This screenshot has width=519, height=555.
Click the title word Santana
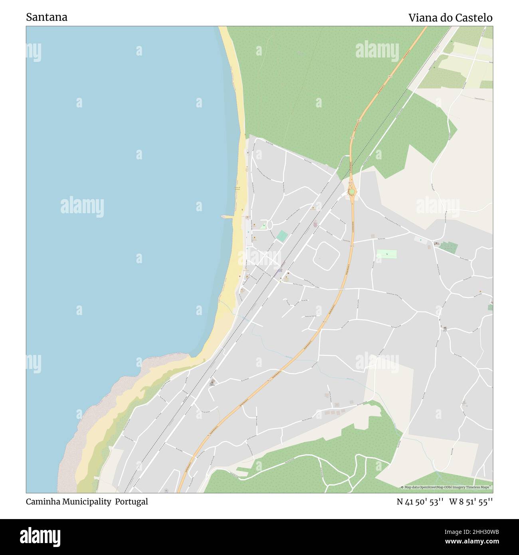(x=47, y=17)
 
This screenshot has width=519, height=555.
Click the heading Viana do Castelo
(x=450, y=18)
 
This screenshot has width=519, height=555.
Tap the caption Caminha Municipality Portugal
(x=87, y=501)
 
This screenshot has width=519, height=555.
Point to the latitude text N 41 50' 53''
(x=420, y=502)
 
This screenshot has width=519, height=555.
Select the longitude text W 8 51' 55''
(x=471, y=502)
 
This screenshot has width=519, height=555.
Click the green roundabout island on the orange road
(x=351, y=192)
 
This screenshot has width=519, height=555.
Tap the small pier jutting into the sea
(x=228, y=217)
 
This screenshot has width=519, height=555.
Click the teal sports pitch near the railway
(x=282, y=236)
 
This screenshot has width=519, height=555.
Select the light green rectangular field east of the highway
(x=387, y=254)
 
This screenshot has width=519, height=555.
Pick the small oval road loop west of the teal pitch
(x=269, y=225)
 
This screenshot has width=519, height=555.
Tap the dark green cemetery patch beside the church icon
(x=449, y=248)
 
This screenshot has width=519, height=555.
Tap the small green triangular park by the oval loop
(x=263, y=226)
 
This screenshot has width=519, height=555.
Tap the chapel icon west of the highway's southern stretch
(x=212, y=383)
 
